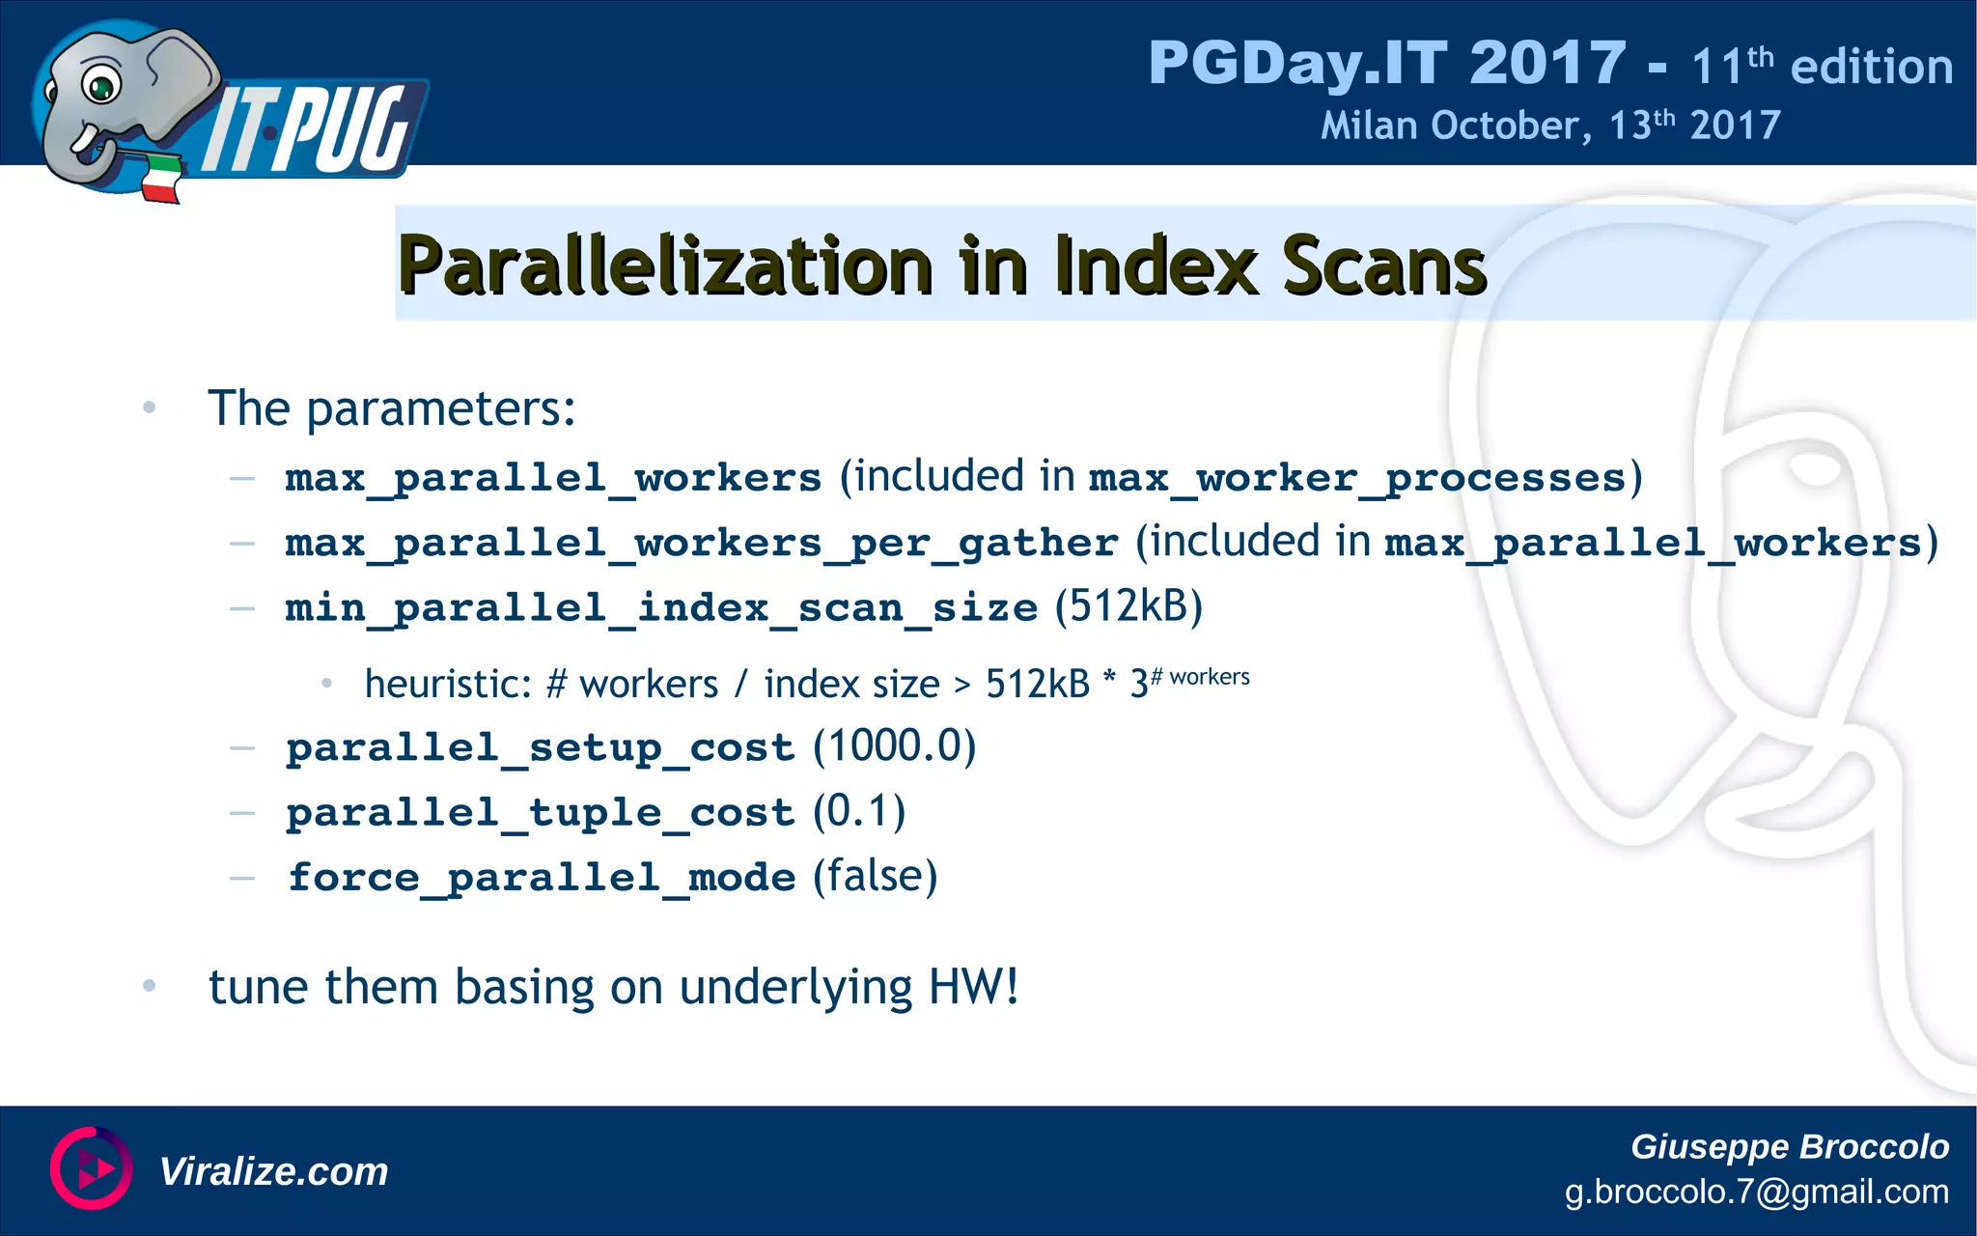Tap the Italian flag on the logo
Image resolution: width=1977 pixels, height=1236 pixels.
coord(162,179)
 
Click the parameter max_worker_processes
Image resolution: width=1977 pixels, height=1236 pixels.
coord(1357,478)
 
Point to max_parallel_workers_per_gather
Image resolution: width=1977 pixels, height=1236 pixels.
coord(702,543)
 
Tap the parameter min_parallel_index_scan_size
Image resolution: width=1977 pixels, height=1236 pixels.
coord(661,608)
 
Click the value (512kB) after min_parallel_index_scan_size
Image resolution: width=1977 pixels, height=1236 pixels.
coord(1128,606)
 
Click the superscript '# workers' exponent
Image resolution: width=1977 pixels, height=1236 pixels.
coord(1200,676)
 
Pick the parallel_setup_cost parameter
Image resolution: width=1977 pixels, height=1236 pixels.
coord(541,747)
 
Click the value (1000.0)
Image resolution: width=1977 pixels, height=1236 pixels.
coord(894,746)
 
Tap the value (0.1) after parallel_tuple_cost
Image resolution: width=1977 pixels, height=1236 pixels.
coord(859,811)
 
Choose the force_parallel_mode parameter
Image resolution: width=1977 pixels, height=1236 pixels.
coord(543,877)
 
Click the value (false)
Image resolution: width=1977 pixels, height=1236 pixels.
coord(875,876)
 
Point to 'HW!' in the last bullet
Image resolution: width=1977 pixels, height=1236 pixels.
coord(973,987)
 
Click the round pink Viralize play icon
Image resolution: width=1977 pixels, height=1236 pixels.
coord(91,1168)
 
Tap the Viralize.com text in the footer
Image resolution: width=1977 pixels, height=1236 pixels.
coord(273,1171)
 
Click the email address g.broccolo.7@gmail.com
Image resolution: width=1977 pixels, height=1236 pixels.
coord(1756,1192)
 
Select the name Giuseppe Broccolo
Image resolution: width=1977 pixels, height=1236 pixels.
coord(1789,1146)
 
